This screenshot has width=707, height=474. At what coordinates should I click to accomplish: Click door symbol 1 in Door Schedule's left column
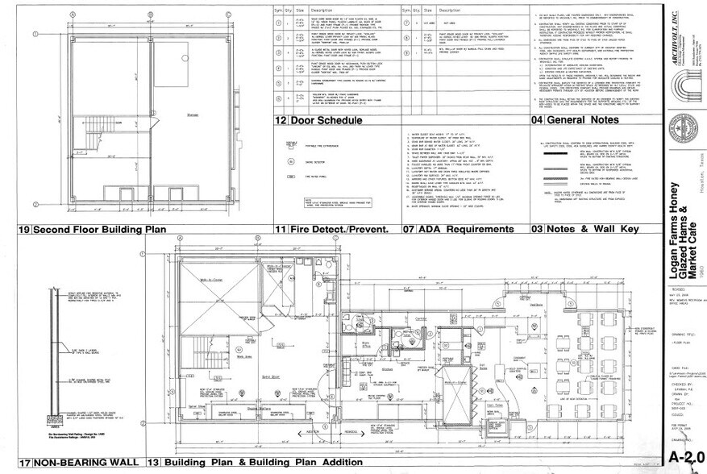278,19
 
